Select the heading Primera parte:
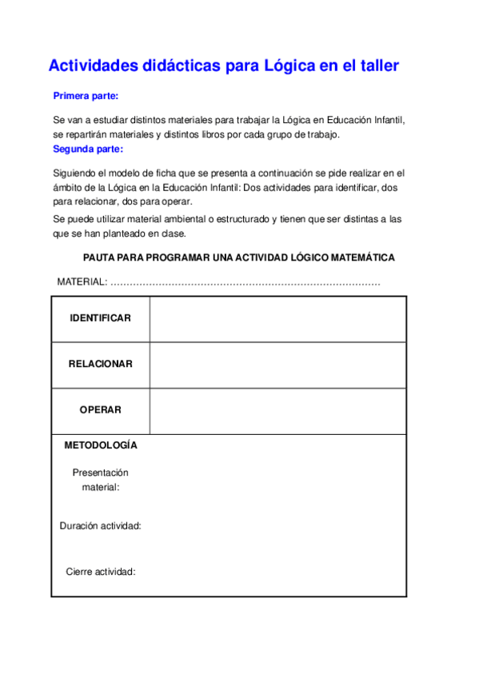point(86,96)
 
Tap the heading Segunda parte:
point(88,149)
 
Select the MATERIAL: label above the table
point(82,282)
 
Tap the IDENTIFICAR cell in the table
point(100,318)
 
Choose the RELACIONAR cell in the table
point(100,364)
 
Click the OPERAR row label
point(100,409)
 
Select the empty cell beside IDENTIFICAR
point(277,318)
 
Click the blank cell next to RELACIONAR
point(277,364)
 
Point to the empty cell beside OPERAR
point(277,409)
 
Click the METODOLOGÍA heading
point(101,445)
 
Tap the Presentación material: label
point(100,479)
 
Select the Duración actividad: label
point(100,525)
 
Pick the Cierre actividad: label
point(100,572)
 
